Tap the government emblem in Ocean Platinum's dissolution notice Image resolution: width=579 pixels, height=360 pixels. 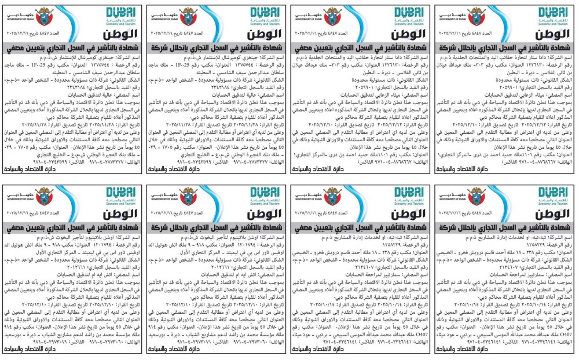tap(189, 194)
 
